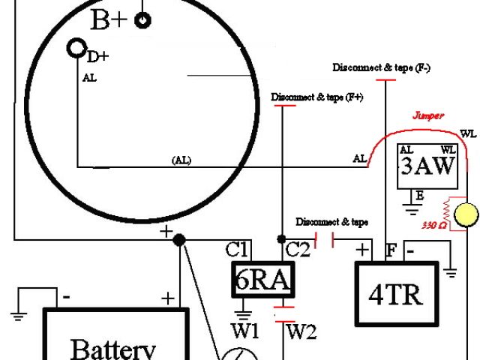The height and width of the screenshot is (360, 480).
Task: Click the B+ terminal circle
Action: coord(142,20)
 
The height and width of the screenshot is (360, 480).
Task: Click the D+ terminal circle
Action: coord(76,49)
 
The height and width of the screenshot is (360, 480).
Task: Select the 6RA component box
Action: coord(262,280)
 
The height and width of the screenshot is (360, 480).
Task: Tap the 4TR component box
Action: coord(395,293)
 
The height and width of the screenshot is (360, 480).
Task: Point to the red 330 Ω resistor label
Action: coord(434,225)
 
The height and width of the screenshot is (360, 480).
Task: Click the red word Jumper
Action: coord(428,116)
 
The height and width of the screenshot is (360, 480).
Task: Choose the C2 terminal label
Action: coord(298,250)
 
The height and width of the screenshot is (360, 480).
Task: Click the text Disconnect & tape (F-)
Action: coord(381,68)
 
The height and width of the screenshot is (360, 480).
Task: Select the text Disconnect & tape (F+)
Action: coord(316,97)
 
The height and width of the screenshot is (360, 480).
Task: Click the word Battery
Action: coord(113,349)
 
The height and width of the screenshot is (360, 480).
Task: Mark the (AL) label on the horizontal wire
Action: coord(181,160)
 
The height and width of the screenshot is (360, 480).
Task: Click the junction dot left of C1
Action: coord(179,240)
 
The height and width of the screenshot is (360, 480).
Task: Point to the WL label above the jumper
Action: coord(468,133)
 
